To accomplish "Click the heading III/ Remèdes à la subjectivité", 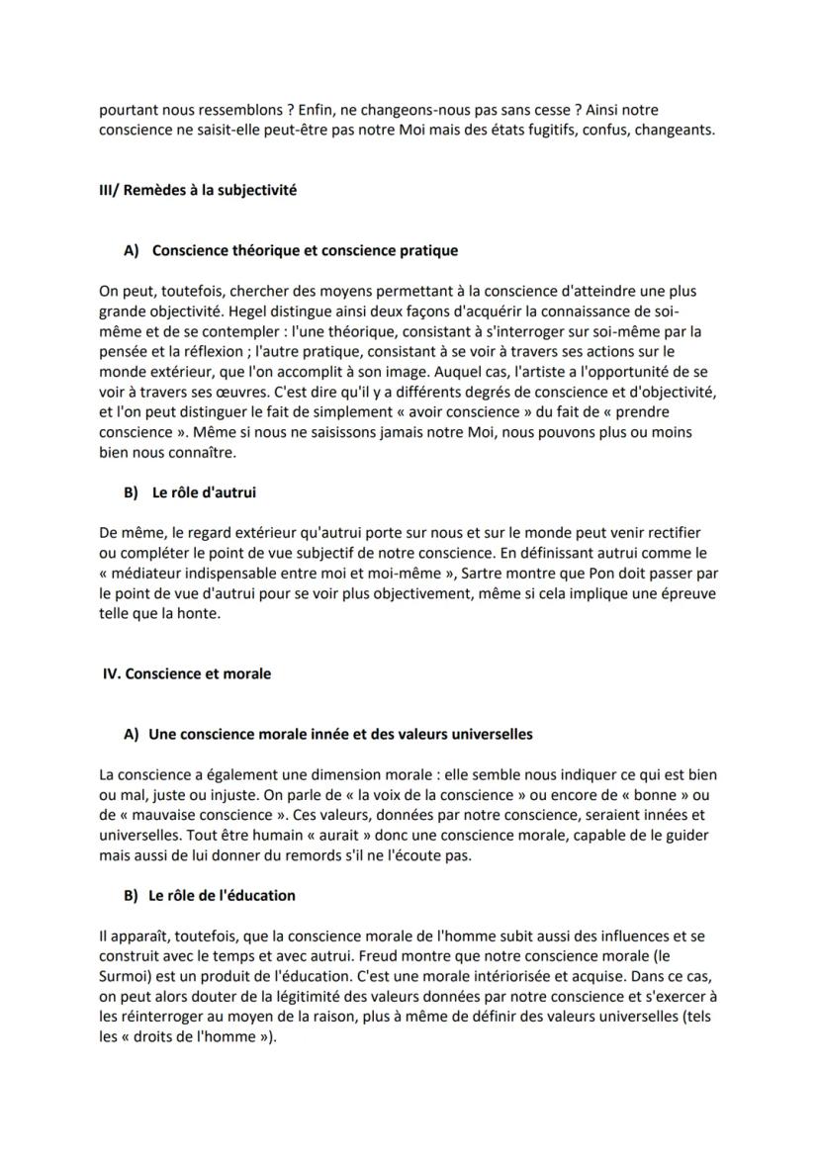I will pos(198,190).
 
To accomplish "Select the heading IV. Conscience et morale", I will pos(188,673).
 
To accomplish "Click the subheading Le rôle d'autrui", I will pos(204,491).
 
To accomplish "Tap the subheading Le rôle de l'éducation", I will pos(222,895).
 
